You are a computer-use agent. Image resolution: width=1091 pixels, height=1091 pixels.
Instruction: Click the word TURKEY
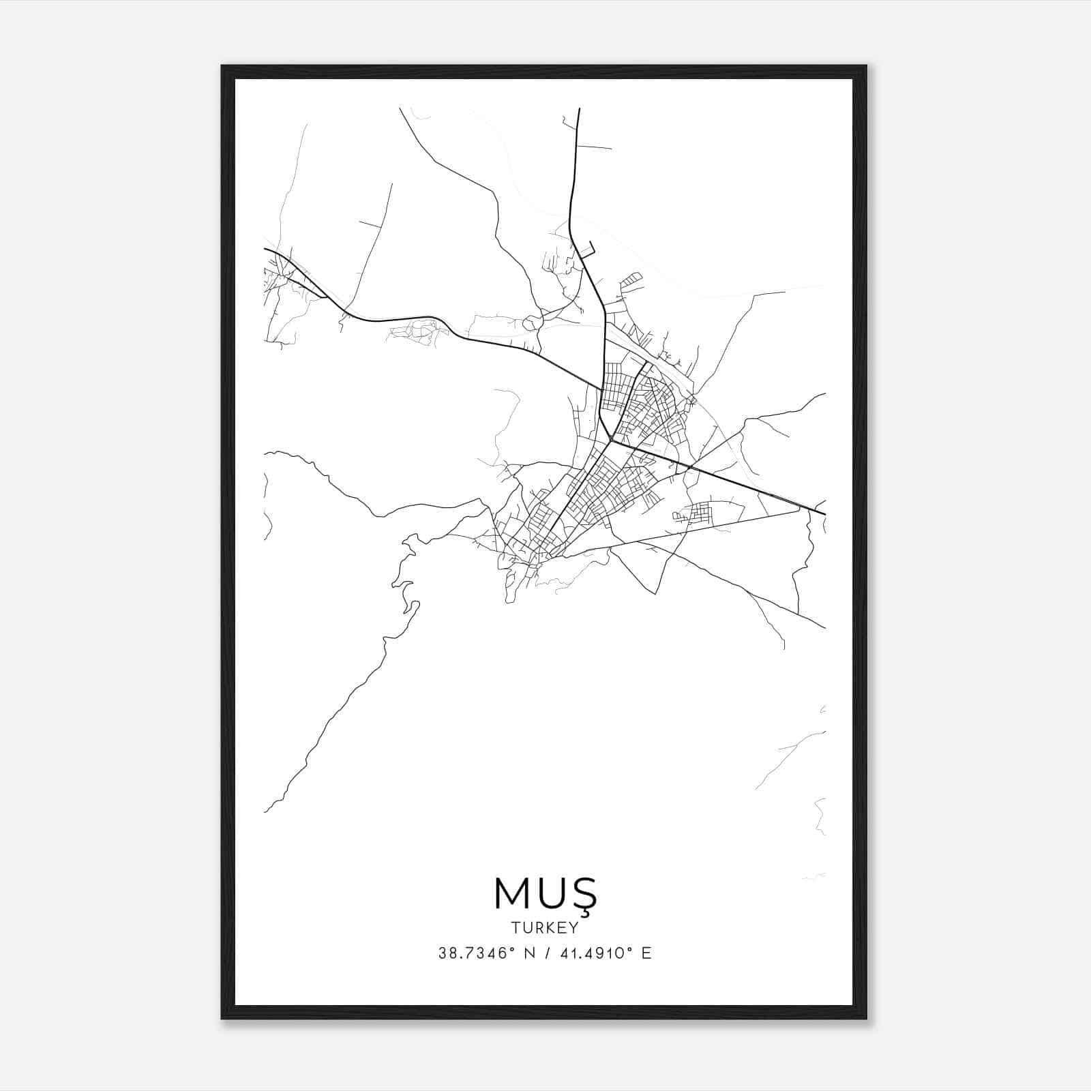pyautogui.click(x=545, y=927)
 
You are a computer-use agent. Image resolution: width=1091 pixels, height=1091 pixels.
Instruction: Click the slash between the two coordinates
pyautogui.click(x=545, y=953)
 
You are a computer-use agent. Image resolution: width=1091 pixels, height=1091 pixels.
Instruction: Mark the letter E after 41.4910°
pyautogui.click(x=646, y=953)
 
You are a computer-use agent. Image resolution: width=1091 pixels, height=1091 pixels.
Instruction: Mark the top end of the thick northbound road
pyautogui.click(x=579, y=109)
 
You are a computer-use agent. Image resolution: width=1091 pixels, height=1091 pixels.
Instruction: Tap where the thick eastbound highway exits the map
pyautogui.click(x=824, y=513)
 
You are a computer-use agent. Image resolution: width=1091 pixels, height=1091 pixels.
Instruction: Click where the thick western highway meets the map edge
pyautogui.click(x=265, y=250)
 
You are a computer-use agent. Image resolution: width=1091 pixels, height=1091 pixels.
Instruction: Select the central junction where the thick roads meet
pyautogui.click(x=610, y=440)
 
